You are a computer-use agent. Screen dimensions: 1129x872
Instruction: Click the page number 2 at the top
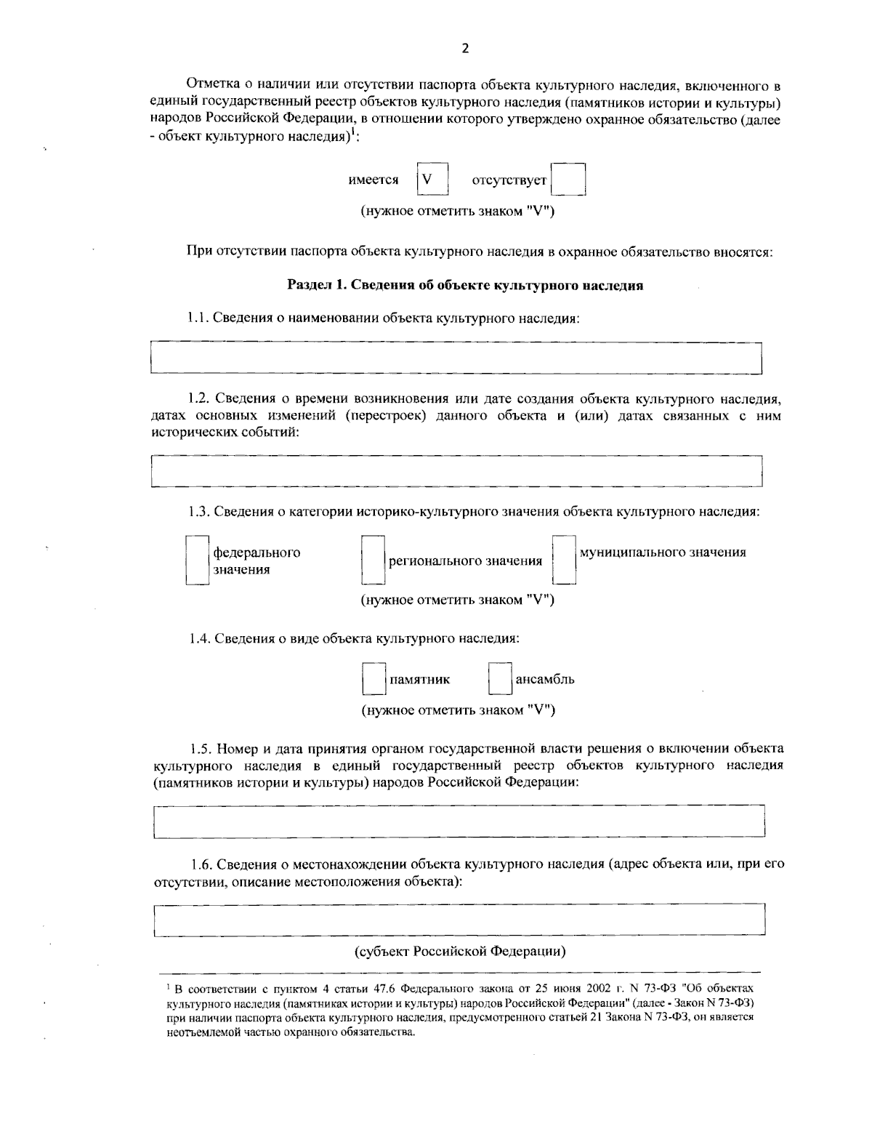(x=465, y=49)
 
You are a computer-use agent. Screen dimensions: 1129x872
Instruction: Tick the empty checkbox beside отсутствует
(x=568, y=180)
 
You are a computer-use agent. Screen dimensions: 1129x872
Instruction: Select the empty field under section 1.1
(x=456, y=358)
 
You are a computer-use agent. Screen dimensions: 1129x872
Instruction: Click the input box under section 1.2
(x=456, y=471)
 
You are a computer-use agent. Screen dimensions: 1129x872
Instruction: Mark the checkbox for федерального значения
(x=197, y=561)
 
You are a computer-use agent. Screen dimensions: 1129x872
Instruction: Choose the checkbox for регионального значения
(x=373, y=561)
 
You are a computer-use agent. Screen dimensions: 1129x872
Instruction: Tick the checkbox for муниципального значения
(x=564, y=561)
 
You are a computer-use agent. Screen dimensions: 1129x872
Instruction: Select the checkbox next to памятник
(x=374, y=680)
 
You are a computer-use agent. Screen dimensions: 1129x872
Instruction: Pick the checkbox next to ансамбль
(x=500, y=680)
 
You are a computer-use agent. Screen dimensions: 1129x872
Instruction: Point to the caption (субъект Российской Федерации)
(x=460, y=951)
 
